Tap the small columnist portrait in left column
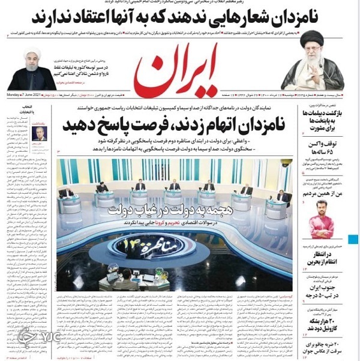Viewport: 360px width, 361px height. click(x=40, y=134)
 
